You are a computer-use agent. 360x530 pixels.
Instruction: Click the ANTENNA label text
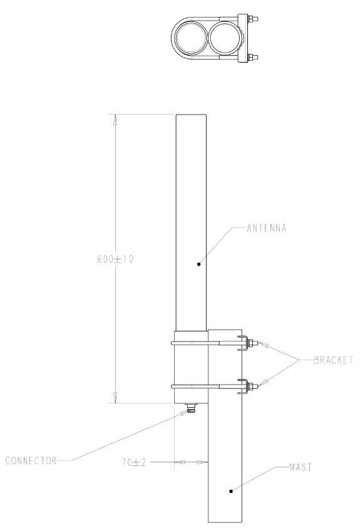click(266, 228)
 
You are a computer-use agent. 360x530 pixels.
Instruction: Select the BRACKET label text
click(333, 360)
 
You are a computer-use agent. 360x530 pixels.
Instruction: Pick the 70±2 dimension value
click(133, 462)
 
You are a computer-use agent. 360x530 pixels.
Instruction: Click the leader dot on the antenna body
click(198, 264)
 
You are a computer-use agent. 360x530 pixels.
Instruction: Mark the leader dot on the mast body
click(231, 491)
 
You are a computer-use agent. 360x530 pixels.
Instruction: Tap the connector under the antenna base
click(190, 409)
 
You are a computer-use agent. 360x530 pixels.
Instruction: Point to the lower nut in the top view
click(253, 59)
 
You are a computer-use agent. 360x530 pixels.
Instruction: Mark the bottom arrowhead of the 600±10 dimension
click(114, 397)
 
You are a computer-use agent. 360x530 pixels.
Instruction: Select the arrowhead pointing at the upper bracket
click(260, 344)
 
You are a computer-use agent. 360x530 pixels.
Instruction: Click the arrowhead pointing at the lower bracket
click(260, 382)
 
